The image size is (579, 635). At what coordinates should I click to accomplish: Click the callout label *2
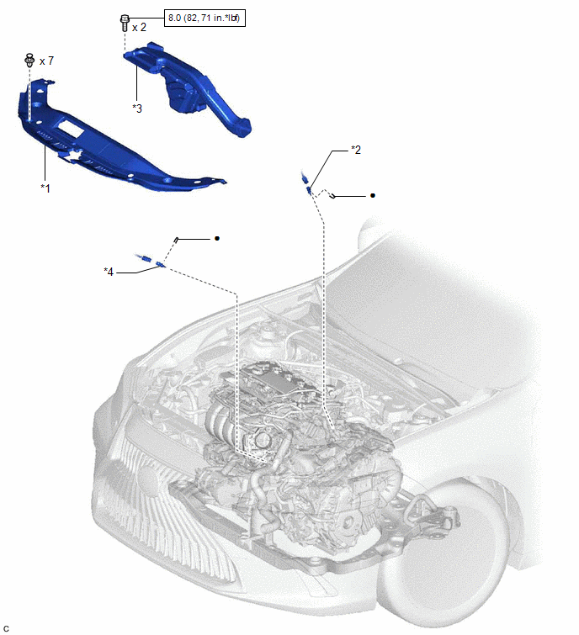[356, 150]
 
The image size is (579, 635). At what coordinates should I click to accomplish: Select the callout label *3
[137, 108]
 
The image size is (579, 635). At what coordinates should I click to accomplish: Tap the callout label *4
[109, 271]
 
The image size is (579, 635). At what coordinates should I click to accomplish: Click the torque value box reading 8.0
[206, 18]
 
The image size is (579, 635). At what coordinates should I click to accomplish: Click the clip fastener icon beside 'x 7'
[30, 59]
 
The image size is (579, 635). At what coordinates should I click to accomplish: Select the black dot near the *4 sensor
[218, 239]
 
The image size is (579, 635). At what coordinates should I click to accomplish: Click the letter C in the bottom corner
[6, 627]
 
